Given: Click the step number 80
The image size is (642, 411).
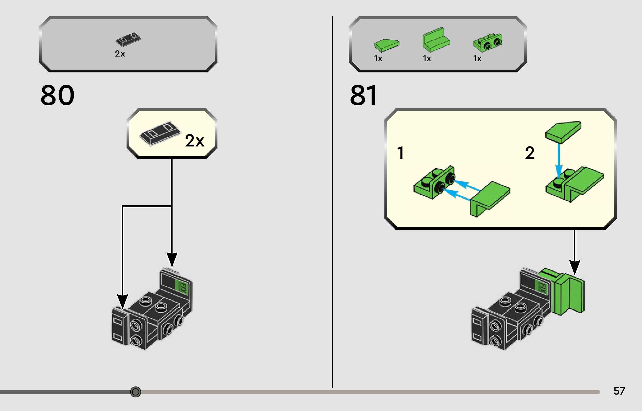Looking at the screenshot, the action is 57,95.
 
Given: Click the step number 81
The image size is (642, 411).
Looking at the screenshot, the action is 363,96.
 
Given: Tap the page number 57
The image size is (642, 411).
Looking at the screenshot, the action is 619,391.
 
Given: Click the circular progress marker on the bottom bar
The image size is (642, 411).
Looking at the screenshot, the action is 135,392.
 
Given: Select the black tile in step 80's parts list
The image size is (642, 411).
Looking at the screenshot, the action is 128,39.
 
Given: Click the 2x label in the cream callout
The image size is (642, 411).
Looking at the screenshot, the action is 194,141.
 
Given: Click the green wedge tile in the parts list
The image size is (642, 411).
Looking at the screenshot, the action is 386,45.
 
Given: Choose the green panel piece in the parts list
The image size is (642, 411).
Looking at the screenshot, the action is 436,40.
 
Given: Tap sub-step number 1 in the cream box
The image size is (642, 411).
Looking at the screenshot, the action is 401,153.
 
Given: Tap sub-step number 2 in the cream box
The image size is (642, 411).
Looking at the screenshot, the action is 530,153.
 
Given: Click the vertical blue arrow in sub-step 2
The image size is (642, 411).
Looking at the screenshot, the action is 559,162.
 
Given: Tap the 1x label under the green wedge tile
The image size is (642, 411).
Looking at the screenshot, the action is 378,58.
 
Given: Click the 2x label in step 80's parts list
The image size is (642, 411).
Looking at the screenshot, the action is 120,53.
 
